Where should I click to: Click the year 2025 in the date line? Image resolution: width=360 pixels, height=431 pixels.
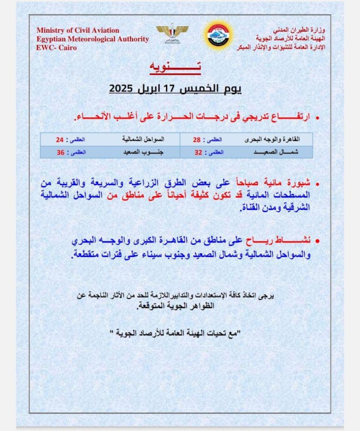[123, 89]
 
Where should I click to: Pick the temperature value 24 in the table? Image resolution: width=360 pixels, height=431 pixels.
[60, 139]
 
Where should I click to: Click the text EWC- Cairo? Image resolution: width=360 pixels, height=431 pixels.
[56, 48]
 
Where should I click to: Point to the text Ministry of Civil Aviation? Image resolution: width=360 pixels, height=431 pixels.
[78, 31]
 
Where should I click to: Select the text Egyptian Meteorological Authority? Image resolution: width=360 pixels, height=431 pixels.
[92, 39]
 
